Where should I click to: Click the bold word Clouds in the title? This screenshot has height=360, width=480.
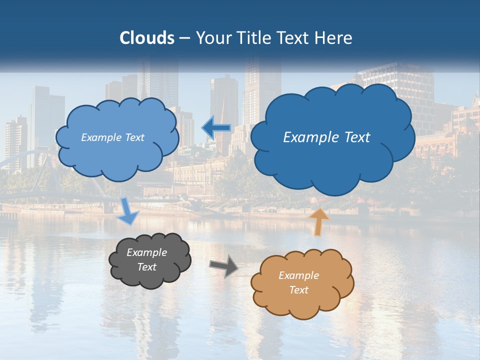[x=146, y=38]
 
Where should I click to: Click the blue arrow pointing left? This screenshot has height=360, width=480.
[x=216, y=127]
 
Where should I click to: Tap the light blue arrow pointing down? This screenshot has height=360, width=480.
[x=128, y=211]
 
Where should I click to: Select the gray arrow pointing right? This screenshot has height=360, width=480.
[x=224, y=265]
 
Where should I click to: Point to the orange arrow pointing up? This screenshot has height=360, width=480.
[x=318, y=221]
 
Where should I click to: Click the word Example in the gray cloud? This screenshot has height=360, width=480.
[x=147, y=252]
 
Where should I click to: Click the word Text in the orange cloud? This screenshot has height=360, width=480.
[x=299, y=290]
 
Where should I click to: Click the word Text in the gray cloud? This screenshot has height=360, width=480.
[x=147, y=267]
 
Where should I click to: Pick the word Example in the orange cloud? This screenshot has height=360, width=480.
[x=299, y=275]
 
